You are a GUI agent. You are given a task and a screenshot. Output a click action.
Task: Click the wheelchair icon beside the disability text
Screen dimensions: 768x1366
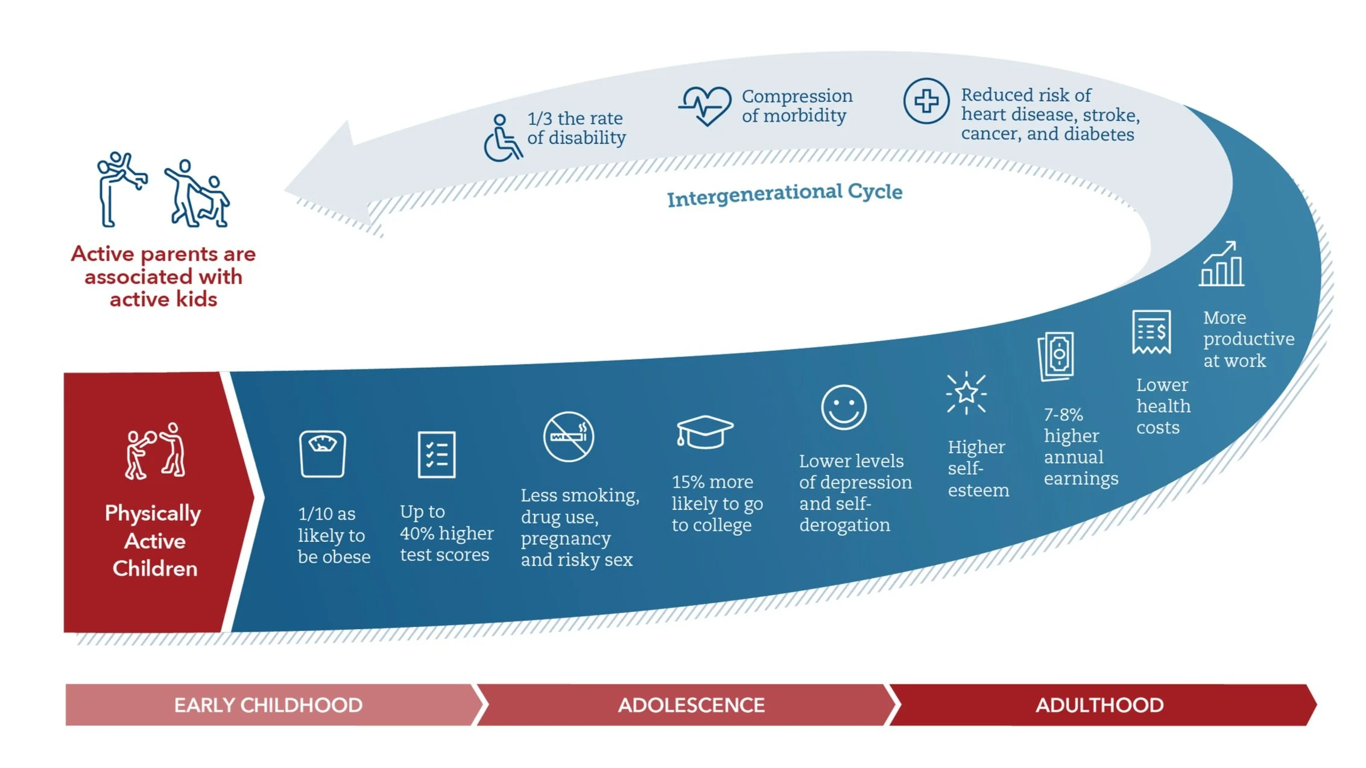502,138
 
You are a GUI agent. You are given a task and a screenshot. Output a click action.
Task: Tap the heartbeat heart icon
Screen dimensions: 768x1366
704,105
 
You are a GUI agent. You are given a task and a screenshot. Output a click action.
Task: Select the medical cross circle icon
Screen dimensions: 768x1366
926,101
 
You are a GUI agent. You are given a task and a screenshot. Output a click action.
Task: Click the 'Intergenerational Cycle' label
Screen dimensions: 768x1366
784,195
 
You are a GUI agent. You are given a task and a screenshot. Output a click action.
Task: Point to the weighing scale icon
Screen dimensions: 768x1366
323,453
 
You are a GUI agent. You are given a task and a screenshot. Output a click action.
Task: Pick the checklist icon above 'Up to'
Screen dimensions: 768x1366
437,454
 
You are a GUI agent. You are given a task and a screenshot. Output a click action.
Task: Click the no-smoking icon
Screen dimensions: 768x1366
568,436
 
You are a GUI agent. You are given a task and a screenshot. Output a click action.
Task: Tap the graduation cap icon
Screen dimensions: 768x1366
704,432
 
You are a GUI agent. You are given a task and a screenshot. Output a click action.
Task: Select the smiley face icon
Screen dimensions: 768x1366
844,408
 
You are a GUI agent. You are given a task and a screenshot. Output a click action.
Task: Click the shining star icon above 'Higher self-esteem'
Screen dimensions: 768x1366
966,393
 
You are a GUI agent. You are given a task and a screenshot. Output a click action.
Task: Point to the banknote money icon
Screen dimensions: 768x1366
1057,356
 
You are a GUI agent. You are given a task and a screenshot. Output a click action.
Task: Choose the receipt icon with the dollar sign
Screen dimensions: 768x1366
1151,332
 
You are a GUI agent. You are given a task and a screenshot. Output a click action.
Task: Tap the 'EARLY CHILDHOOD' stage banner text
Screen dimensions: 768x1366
268,705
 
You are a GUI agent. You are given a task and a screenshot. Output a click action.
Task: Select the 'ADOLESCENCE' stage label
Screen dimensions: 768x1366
691,705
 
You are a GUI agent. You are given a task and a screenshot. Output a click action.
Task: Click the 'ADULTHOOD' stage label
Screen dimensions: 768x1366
1099,705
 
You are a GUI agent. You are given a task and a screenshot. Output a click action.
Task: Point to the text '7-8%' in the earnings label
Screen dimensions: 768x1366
1063,415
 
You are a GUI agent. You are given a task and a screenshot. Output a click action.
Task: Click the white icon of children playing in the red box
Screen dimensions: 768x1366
156,451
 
